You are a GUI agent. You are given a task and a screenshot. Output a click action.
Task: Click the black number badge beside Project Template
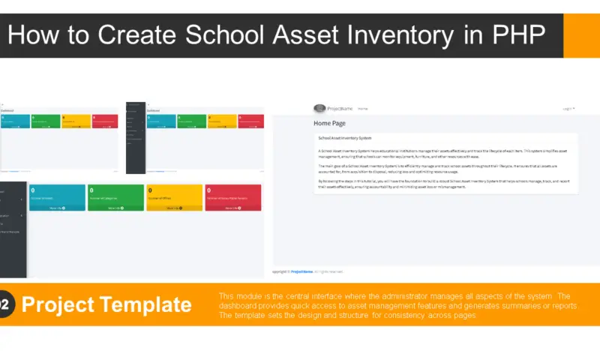click(x=4, y=304)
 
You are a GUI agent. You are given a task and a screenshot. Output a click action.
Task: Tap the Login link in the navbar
click(x=568, y=109)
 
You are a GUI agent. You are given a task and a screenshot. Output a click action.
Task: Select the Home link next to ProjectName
click(x=362, y=109)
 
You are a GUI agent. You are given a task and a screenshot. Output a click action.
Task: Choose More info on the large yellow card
click(x=173, y=208)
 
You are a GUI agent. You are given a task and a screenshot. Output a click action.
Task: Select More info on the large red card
click(x=232, y=208)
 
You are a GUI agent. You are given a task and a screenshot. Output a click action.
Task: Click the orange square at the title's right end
click(x=581, y=35)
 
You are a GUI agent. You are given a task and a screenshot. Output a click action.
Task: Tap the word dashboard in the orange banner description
click(x=233, y=306)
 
